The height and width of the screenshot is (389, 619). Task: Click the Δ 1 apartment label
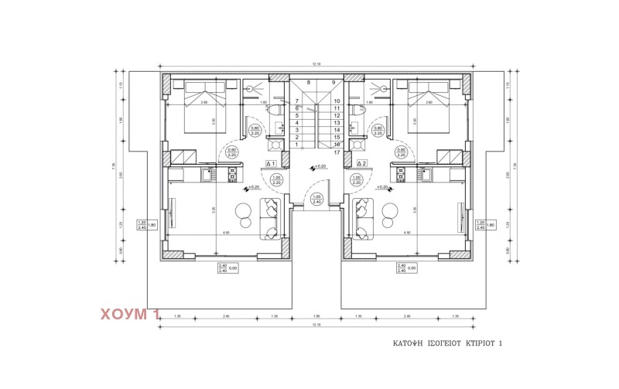(x=272, y=164)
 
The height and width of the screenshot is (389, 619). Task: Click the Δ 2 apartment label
(x=361, y=164)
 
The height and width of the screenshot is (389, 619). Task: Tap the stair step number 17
(x=337, y=152)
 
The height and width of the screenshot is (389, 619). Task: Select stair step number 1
(x=296, y=145)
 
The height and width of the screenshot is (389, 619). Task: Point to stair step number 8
(x=308, y=82)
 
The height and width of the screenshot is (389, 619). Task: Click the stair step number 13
(x=337, y=123)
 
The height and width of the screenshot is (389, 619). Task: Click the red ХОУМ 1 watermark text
(x=130, y=314)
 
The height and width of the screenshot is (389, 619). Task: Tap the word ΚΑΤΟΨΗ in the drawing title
(x=407, y=343)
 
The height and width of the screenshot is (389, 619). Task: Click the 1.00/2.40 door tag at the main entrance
(x=316, y=199)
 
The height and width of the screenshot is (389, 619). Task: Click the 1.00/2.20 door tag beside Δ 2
(x=356, y=180)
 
